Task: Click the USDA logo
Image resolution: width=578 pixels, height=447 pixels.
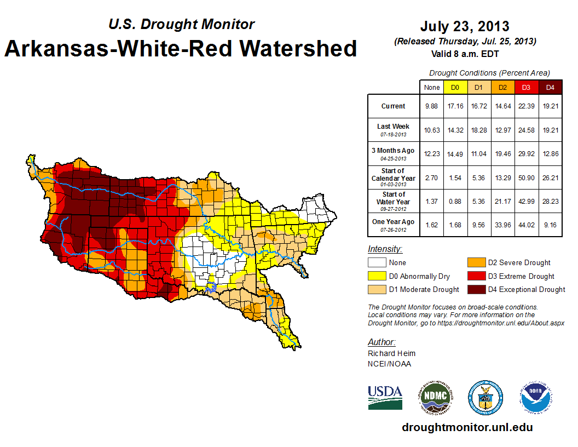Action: [385, 397]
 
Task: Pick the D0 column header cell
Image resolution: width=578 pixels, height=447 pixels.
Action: [455, 88]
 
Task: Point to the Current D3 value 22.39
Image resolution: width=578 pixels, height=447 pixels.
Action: [525, 106]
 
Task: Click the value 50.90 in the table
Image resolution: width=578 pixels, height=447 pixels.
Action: [525, 177]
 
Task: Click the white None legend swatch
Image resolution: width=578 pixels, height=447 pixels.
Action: [377, 263]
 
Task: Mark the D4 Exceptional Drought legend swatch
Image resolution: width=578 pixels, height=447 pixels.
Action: [475, 289]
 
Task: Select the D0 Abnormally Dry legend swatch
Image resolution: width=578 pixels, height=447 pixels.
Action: [377, 276]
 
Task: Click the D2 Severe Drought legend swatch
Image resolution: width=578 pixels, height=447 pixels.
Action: [475, 263]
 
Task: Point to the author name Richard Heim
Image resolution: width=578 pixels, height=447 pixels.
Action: [391, 353]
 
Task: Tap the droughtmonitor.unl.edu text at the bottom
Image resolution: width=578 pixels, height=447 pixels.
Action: [467, 427]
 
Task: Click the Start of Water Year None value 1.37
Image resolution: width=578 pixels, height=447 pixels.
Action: [431, 201]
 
